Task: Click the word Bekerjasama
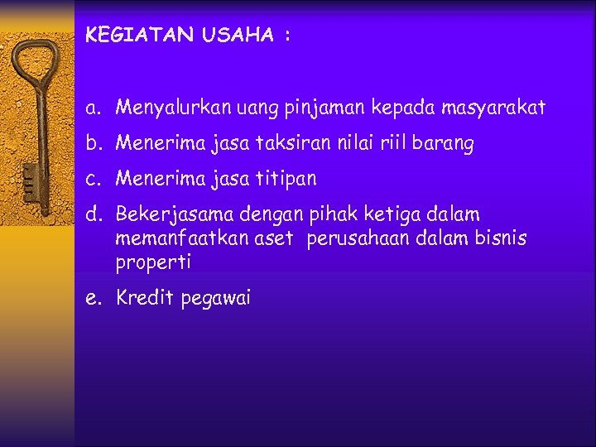(x=175, y=215)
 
